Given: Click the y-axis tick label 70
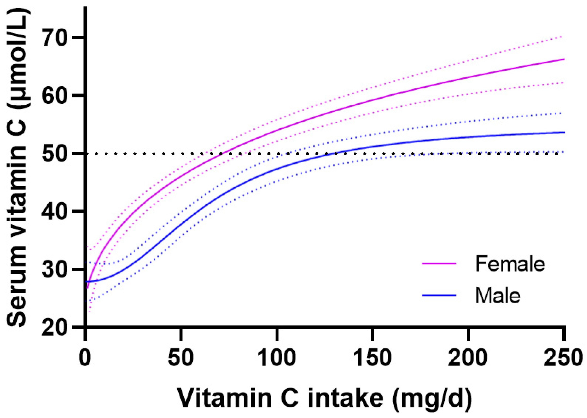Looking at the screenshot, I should pyautogui.click(x=54, y=38).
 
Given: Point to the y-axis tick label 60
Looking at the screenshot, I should pyautogui.click(x=54, y=96).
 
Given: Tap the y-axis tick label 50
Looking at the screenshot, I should pyautogui.click(x=54, y=154).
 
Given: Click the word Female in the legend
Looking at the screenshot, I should pyautogui.click(x=510, y=264).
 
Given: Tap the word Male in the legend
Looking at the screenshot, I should pyautogui.click(x=498, y=296).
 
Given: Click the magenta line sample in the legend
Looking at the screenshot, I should pyautogui.click(x=439, y=263).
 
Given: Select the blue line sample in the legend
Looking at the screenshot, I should pyautogui.click(x=439, y=295).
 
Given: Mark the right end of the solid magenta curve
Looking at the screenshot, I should pyautogui.click(x=564, y=59).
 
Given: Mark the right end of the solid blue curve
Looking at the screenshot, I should pyautogui.click(x=564, y=132).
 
